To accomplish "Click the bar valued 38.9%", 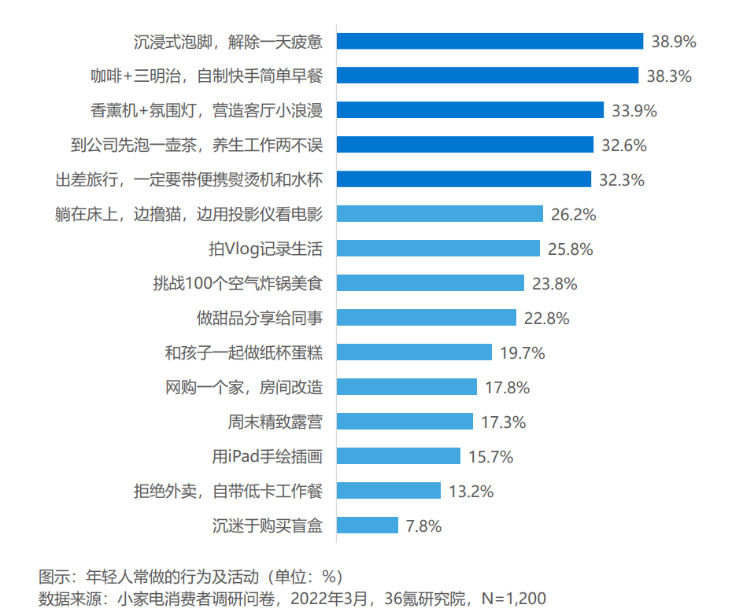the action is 490,41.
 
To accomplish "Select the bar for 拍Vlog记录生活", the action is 438,249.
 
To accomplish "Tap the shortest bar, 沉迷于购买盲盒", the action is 368,525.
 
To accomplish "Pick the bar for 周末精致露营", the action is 405,421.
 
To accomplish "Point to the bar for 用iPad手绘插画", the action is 398,455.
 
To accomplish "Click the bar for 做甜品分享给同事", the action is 427,317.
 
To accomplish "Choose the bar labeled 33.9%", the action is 470,110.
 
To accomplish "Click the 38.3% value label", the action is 669,76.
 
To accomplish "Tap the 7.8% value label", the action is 423,525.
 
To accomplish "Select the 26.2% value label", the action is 573,215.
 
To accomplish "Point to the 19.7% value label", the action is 522,353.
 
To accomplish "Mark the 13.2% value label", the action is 471,491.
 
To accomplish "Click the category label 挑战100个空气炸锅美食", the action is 238,283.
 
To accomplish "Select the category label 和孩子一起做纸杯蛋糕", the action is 244,352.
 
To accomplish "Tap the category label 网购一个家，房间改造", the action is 244,387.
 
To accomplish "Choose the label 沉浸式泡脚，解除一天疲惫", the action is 228,42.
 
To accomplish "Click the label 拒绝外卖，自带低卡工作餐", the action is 228,491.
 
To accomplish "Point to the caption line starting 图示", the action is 190,577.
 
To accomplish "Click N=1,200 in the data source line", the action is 514,599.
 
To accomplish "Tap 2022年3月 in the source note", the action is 329,599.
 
